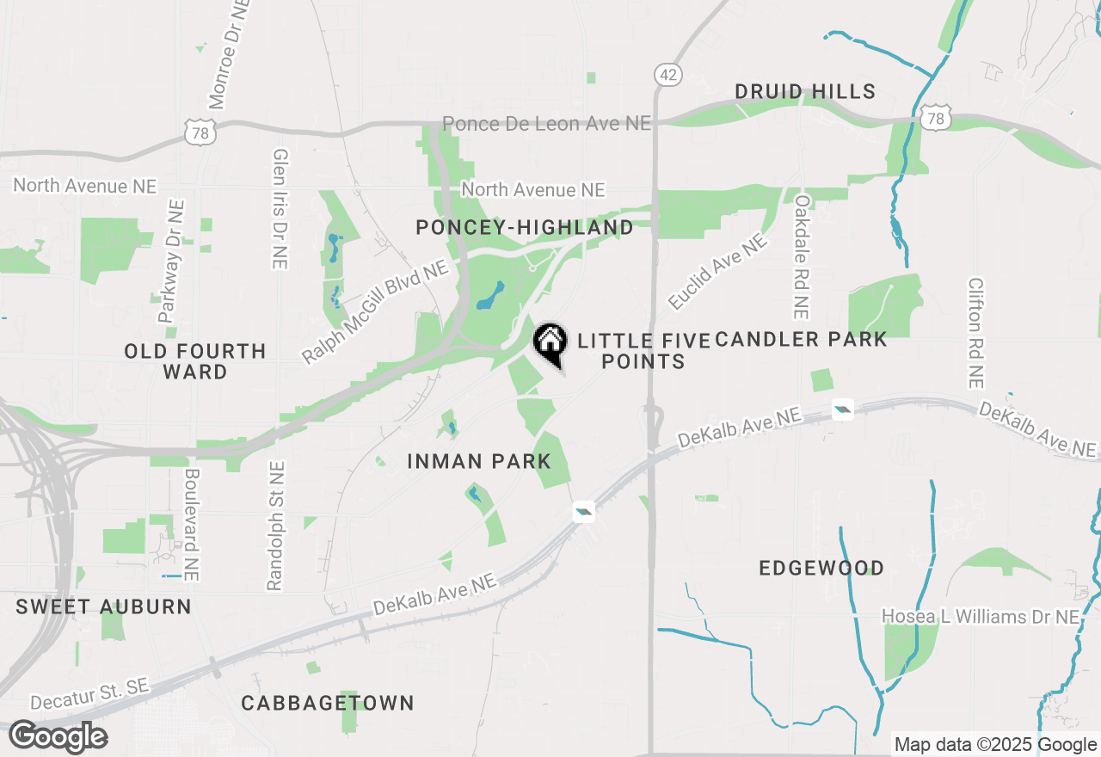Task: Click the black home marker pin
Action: (550, 343)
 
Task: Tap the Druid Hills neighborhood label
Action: (805, 91)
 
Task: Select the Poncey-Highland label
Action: (525, 228)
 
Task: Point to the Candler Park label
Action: (801, 340)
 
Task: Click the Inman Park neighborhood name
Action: (479, 462)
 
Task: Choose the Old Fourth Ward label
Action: (195, 361)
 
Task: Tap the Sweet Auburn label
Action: (104, 606)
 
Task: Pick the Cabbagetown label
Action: (328, 704)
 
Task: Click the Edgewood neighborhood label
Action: (821, 569)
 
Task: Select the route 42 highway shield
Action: (667, 75)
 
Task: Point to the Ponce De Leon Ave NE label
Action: (547, 124)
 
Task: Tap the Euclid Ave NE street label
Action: (717, 272)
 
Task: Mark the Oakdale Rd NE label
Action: (803, 256)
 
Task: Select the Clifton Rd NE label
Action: (975, 332)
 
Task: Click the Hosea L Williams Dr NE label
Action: (981, 617)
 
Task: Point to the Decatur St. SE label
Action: (90, 694)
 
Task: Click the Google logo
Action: (58, 737)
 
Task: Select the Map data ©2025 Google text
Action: (995, 745)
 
